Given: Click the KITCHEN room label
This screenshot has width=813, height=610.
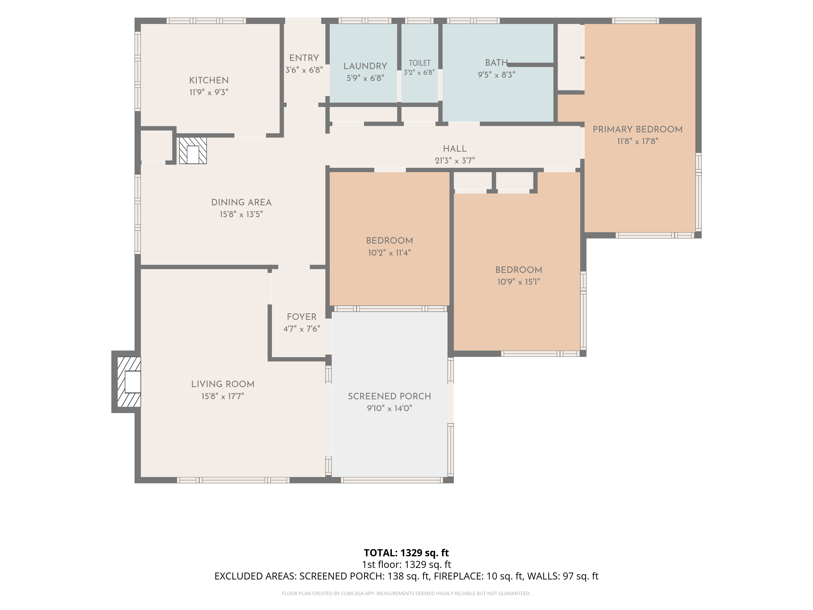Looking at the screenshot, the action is coord(209,80).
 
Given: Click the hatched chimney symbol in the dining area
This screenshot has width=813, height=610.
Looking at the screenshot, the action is coord(193,150).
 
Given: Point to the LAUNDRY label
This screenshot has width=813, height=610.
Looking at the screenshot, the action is coord(365,66).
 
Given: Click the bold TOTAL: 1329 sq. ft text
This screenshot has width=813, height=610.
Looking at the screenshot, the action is coord(406,553).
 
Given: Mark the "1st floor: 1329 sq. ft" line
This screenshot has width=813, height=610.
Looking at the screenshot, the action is coord(406,564).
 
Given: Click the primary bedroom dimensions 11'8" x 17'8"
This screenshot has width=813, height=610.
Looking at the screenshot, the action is coord(638,141).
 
